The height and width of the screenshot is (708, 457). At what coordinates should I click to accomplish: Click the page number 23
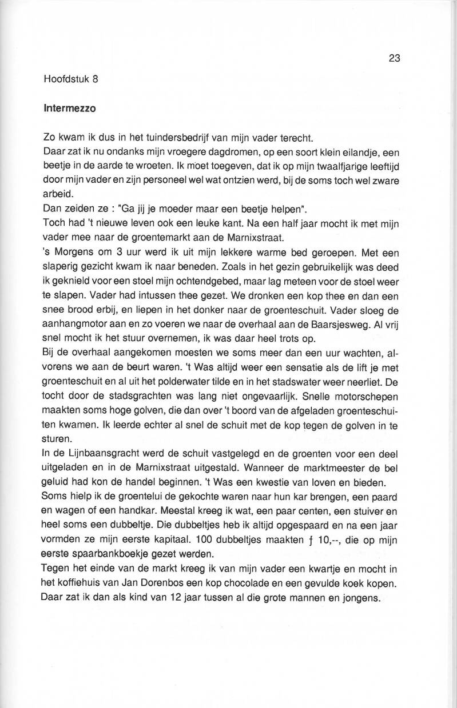point(395,58)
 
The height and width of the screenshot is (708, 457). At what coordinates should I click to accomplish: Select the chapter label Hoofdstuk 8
point(71,79)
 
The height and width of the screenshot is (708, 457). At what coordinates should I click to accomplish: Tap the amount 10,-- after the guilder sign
point(353,540)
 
